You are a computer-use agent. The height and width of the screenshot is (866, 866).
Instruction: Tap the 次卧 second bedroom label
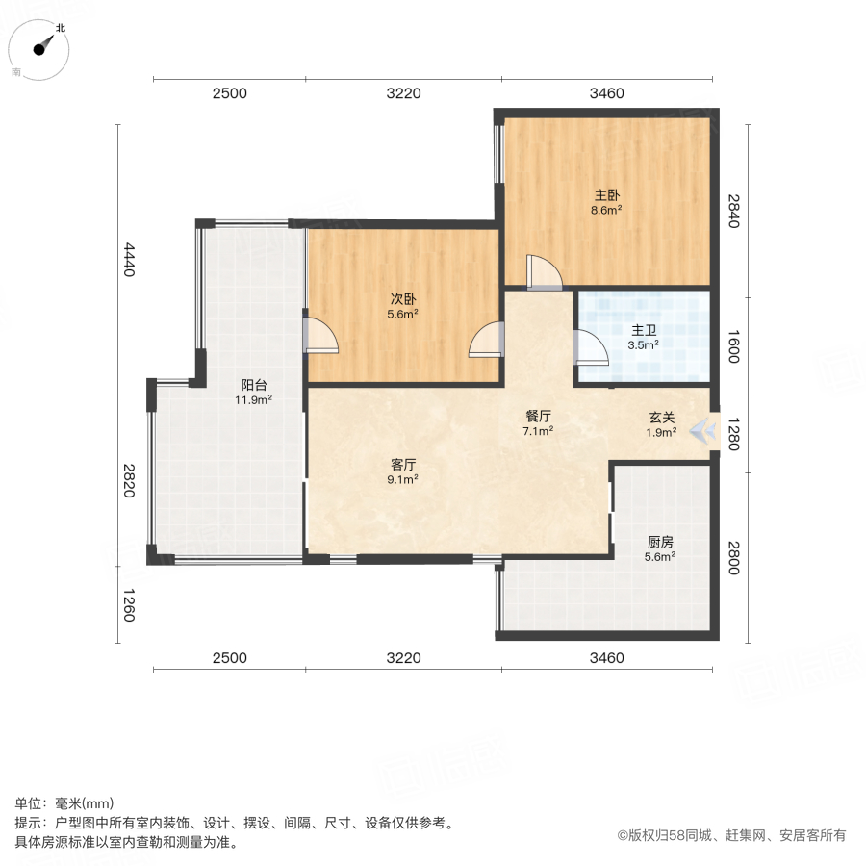403,298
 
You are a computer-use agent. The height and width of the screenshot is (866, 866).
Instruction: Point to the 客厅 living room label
402,464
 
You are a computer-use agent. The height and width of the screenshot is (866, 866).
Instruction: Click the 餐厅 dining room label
538,416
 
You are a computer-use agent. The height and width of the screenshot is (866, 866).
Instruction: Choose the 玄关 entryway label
660,418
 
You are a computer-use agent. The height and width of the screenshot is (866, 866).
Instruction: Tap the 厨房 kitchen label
660,541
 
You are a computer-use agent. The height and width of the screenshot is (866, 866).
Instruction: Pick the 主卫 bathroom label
643,330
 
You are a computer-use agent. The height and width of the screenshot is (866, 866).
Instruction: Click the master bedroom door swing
544,272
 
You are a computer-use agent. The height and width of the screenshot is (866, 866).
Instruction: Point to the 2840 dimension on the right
734,212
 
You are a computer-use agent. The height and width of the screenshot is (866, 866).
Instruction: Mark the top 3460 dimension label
606,93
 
